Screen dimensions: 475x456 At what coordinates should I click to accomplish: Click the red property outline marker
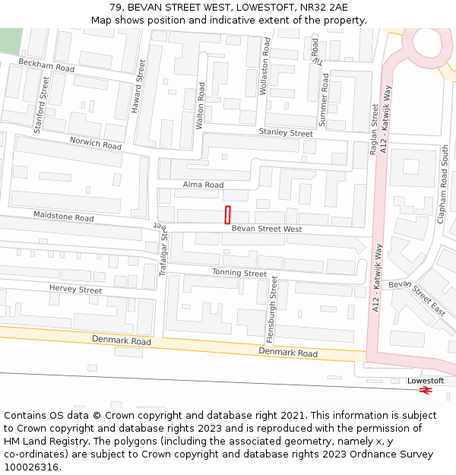tap(227, 214)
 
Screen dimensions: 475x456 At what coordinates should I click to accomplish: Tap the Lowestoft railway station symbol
tap(426, 390)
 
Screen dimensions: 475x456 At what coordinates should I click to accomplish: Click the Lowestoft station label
tap(426, 380)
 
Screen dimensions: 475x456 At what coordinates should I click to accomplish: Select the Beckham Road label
tap(46, 65)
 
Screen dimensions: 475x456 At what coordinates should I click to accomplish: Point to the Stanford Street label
tap(43, 109)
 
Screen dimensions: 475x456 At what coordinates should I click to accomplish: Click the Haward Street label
tap(137, 87)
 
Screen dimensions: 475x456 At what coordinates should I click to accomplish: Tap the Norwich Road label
tap(96, 143)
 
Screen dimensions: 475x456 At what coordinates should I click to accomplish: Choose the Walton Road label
tap(201, 106)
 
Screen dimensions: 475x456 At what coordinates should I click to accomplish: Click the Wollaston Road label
tap(265, 67)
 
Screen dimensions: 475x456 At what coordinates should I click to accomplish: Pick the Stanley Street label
tap(286, 132)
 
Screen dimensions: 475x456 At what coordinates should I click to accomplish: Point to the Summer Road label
tap(325, 99)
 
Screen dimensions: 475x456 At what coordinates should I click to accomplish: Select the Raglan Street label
tap(374, 130)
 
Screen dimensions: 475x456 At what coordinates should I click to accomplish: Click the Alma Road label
tap(204, 185)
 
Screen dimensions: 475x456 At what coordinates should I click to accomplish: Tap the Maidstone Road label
tap(63, 217)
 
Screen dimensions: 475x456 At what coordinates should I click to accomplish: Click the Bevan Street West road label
tap(267, 229)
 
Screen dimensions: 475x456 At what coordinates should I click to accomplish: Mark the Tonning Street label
tap(239, 273)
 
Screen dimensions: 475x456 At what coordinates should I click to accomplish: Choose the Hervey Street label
tap(75, 290)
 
